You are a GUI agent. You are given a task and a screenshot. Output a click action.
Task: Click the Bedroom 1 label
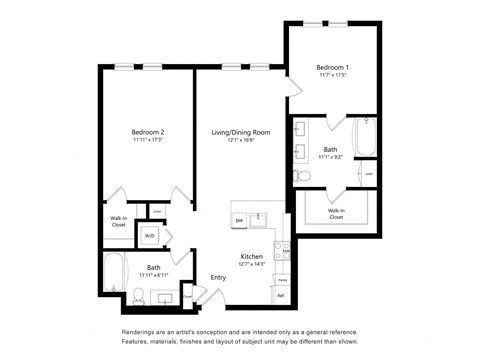(332, 67)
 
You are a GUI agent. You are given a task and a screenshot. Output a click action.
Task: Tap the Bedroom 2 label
(147, 132)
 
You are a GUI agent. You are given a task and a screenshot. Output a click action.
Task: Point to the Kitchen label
(251, 256)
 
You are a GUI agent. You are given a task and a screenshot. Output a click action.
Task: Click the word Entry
(217, 277)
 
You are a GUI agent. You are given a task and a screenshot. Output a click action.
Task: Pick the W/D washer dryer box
(150, 236)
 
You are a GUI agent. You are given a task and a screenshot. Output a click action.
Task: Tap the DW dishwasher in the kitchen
(239, 219)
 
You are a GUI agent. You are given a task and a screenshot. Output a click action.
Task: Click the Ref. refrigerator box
(281, 295)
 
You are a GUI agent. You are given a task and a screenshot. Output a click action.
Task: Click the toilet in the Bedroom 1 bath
(303, 176)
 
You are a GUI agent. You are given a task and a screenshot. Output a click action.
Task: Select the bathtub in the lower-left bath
(112, 274)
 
